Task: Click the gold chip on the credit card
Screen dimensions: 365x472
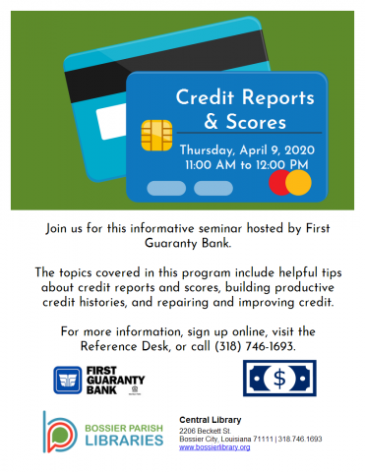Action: [x=156, y=136]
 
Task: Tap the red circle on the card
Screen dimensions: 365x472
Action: [x=278, y=183]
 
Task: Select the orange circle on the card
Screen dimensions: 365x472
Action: [x=298, y=183]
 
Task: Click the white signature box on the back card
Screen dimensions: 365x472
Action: [x=111, y=122]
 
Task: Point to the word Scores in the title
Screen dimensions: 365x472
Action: [x=256, y=122]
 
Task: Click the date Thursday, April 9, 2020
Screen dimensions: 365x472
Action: [x=247, y=150]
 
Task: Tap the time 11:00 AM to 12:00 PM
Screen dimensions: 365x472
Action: [x=247, y=164]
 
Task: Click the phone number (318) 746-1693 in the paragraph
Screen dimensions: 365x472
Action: [x=255, y=346]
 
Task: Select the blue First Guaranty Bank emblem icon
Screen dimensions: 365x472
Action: [x=68, y=380]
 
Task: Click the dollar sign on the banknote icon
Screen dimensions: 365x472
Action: [x=279, y=379]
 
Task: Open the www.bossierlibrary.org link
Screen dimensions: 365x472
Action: [x=214, y=447]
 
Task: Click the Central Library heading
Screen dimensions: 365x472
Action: [x=211, y=420]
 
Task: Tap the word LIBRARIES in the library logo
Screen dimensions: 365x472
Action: [x=124, y=441]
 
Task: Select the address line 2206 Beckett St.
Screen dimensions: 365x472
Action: [x=205, y=431]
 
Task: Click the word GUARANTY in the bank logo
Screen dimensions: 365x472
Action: [x=115, y=381]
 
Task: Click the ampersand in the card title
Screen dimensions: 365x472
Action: [x=211, y=122]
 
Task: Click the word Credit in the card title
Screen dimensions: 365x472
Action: [x=205, y=97]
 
